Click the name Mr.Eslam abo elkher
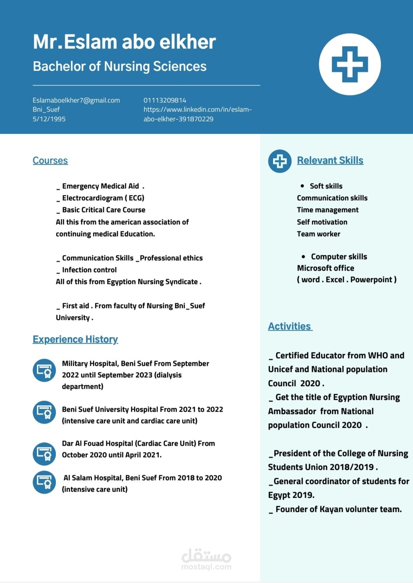coord(124,42)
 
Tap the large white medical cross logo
coord(350,64)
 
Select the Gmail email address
coord(76,100)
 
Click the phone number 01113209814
coord(165,100)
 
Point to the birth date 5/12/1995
coord(49,119)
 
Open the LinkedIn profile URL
coord(197,114)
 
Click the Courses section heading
coord(50,161)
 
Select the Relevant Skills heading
coord(330,161)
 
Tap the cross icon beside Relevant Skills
coord(280,161)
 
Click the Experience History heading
coord(75,339)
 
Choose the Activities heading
coord(289,326)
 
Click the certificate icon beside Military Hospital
coord(44,370)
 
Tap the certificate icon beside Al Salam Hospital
coord(44,482)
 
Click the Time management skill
coord(328,210)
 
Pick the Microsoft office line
coord(325,268)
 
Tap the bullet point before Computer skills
coord(303,257)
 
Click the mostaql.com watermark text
coord(206,567)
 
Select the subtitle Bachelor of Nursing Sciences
coord(120,67)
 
